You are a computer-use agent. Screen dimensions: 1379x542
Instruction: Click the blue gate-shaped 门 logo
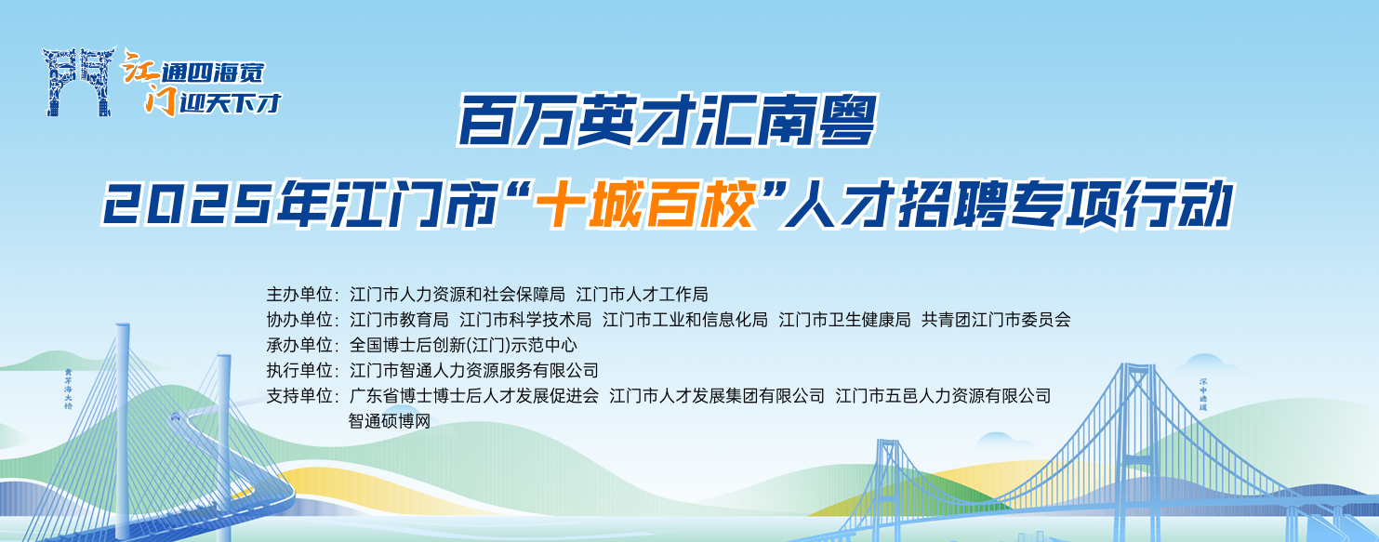[78, 82]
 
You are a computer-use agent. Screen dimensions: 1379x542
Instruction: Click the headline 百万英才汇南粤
[668, 121]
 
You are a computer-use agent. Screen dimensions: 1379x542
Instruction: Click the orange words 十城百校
[645, 204]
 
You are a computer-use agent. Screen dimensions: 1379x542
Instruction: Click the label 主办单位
[299, 295]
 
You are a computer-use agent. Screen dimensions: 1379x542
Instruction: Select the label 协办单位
[299, 320]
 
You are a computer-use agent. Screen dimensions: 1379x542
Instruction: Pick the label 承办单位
[299, 345]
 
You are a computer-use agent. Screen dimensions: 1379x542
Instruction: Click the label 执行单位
[299, 370]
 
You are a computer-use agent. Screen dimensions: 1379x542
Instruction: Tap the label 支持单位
[299, 396]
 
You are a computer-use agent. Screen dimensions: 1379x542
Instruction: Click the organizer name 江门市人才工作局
[643, 295]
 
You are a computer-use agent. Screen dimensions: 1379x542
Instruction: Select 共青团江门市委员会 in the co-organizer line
[996, 320]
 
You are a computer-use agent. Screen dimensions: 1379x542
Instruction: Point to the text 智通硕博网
[390, 421]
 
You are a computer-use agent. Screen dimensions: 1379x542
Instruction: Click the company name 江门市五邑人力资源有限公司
[943, 396]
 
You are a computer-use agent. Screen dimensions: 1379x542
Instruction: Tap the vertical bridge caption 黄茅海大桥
[68, 390]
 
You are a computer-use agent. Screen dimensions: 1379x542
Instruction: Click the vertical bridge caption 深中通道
[1203, 394]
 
